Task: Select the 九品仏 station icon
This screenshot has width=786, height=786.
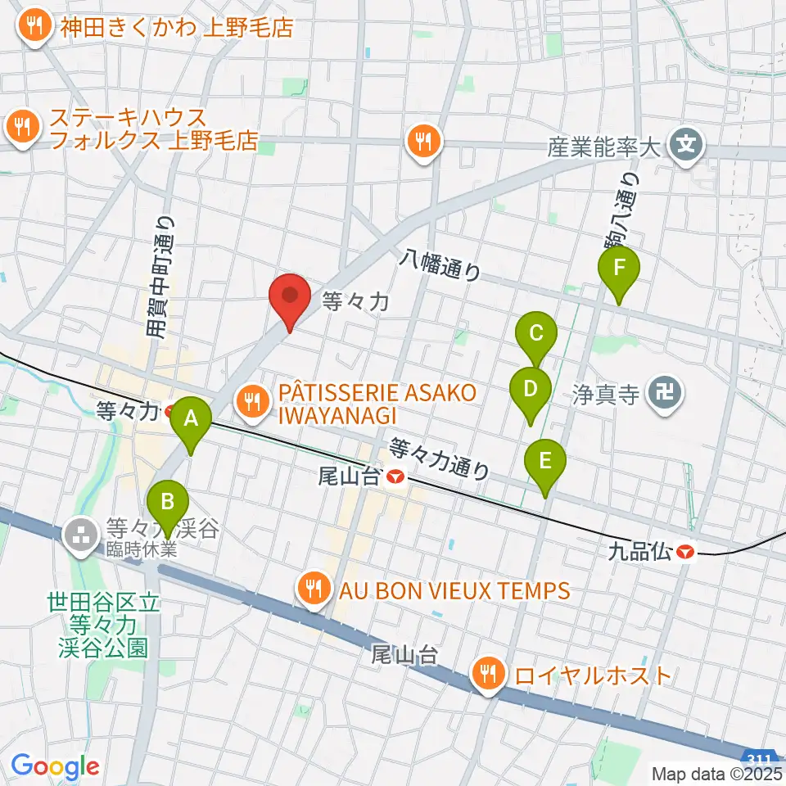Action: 685,553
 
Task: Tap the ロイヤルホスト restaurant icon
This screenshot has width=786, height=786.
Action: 489,675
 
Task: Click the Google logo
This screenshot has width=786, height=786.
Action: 55,767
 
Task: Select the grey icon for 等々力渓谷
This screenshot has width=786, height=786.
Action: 80,536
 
